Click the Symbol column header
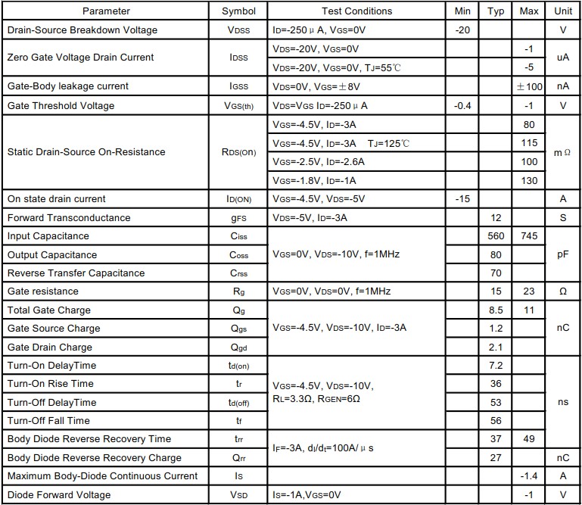[x=238, y=11]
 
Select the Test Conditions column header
[x=356, y=11]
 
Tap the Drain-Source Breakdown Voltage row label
[x=82, y=30]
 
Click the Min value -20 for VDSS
[x=463, y=30]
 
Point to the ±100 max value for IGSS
[x=529, y=86]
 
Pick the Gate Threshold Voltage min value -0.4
[x=462, y=105]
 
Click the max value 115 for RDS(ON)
[x=529, y=143]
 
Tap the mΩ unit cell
[x=562, y=152]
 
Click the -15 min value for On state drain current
[x=463, y=199]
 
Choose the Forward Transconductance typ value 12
[x=496, y=218]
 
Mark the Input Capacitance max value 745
[x=529, y=236]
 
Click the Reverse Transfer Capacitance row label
[x=76, y=273]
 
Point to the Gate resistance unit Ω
[x=562, y=291]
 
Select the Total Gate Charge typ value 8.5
[x=496, y=310]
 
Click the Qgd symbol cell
[x=238, y=348]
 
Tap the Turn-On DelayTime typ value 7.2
[x=496, y=366]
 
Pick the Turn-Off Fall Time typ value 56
[x=496, y=421]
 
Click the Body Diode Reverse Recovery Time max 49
[x=529, y=439]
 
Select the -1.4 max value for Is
[x=529, y=476]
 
